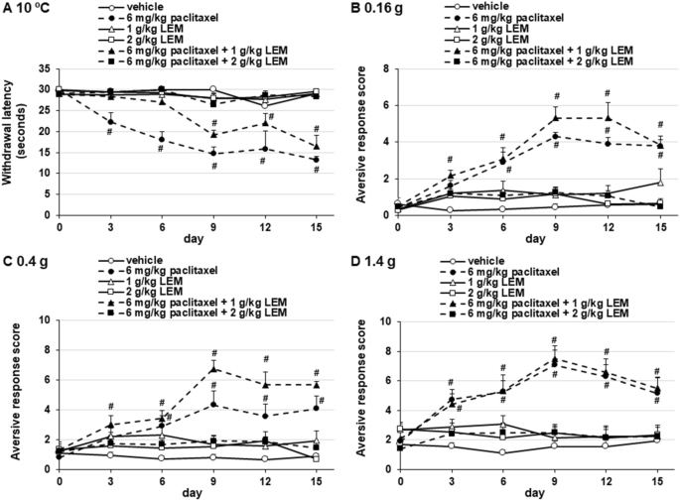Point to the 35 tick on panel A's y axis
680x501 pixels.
tap(47, 67)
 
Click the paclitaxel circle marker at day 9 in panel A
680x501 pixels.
tap(213, 153)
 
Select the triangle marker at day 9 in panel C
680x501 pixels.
tap(213, 369)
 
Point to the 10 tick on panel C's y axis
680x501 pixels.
tap(47, 319)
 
